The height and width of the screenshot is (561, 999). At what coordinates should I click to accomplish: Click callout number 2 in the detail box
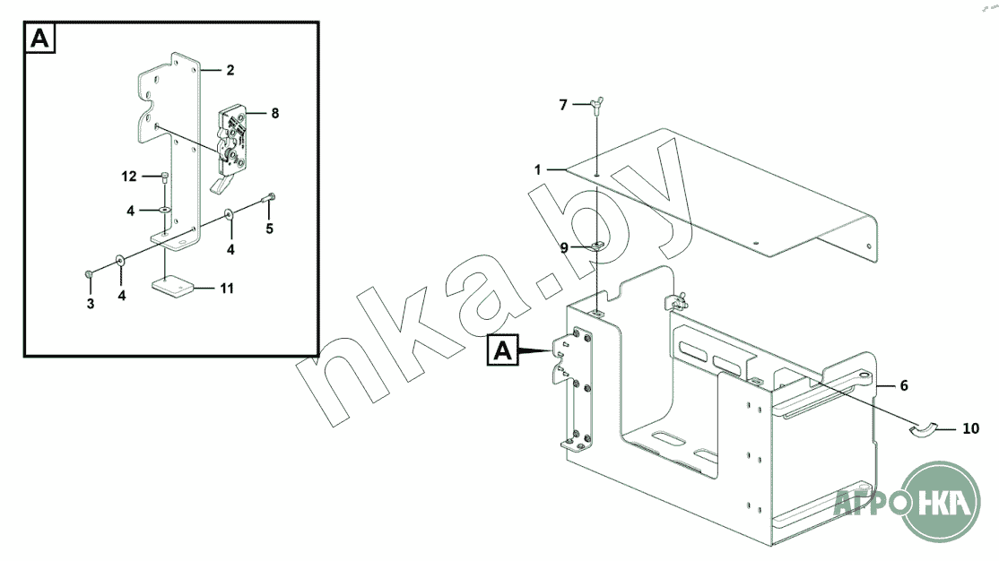coord(230,70)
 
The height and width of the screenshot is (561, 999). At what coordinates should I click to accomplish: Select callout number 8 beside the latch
coord(274,113)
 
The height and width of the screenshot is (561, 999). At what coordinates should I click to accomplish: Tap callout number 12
coord(129,177)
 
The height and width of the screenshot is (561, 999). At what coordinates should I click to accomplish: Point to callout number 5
coord(270,229)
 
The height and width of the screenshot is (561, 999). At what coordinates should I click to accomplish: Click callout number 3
coord(91,304)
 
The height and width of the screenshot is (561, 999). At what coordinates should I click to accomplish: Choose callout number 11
coord(227,289)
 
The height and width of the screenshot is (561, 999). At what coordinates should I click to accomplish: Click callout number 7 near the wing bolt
coord(562,105)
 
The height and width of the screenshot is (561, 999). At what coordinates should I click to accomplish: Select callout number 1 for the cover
coord(538,170)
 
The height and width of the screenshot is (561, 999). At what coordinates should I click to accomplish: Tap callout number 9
coord(564,247)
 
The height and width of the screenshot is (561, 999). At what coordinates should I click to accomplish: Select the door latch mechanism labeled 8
coord(232,143)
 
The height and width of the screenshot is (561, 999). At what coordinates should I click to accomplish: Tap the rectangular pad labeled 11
coord(172,287)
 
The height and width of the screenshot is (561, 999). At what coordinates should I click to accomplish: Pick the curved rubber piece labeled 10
coord(923,430)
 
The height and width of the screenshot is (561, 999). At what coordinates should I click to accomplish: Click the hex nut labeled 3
coord(89,274)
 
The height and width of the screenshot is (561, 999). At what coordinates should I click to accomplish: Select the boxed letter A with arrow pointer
coord(503,350)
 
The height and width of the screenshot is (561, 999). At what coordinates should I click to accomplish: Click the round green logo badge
coord(940,501)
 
